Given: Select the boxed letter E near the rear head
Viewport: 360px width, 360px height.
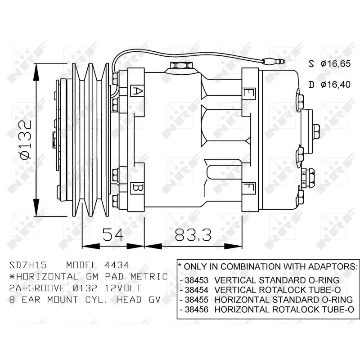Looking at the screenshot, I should pyautogui.click(x=247, y=93).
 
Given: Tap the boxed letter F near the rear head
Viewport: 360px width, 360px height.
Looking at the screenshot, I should pyautogui.click(x=247, y=186).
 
